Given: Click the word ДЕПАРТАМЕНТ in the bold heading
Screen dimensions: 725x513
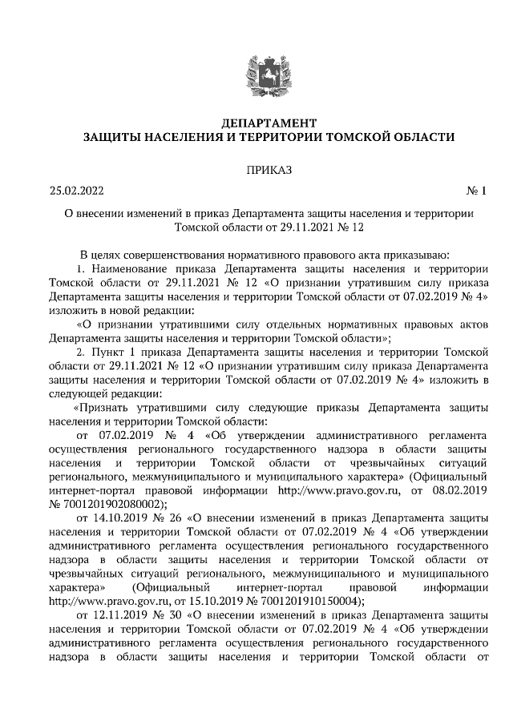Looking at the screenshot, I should (x=257, y=123).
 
